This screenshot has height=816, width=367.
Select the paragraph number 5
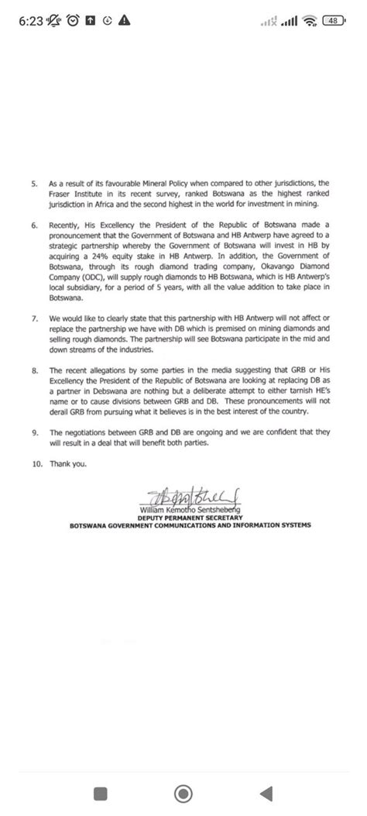(34, 185)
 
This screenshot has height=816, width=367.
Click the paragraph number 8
(34, 371)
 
